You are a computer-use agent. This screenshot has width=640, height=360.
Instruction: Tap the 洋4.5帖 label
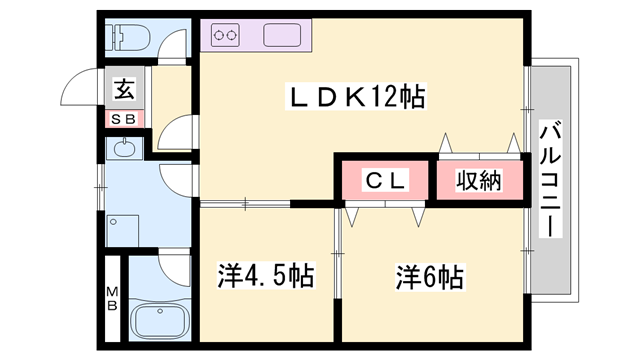tap(266, 274)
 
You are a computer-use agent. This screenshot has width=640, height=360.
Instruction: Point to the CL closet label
tap(384, 181)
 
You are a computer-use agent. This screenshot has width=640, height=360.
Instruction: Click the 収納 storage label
tap(479, 181)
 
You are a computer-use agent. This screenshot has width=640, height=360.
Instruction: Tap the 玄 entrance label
tap(124, 89)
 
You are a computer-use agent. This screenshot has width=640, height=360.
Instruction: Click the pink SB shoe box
tap(125, 118)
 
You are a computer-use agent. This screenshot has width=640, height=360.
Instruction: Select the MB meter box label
tap(112, 298)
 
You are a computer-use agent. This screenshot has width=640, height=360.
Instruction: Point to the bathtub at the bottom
tap(158, 322)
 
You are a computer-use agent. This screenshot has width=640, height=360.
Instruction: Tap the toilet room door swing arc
tap(176, 46)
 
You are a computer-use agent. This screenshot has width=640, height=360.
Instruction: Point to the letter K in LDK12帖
tap(354, 98)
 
